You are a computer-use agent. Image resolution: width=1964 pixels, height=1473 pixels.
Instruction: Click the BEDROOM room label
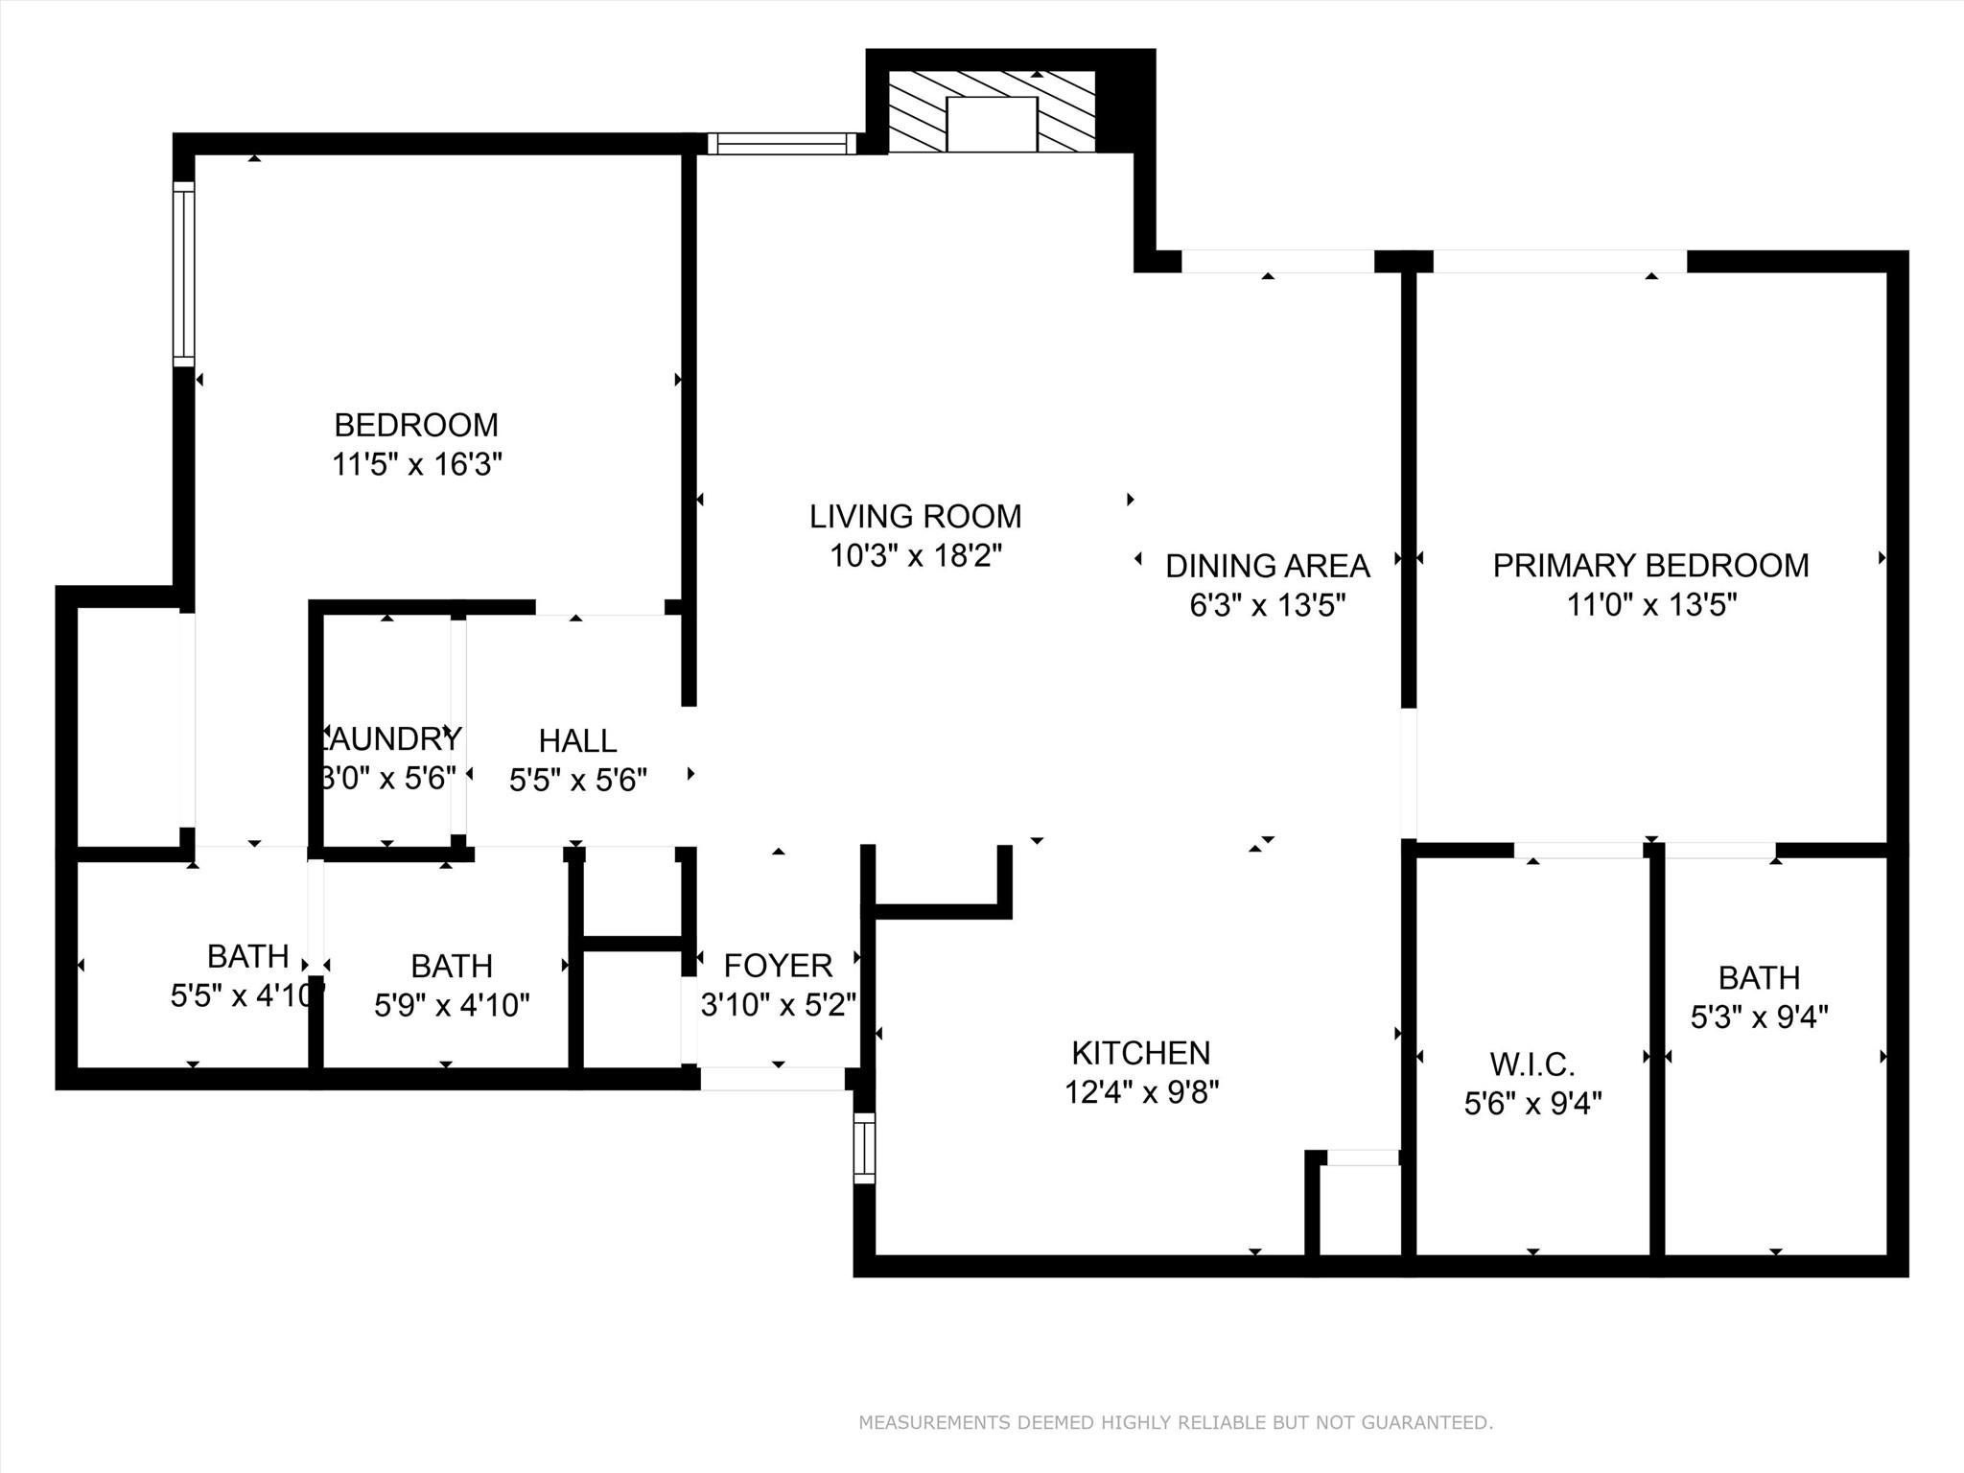(415, 425)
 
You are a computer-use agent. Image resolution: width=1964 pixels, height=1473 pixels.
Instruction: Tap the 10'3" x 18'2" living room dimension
(915, 556)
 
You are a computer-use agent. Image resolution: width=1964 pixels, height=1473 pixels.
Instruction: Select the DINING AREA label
(1267, 566)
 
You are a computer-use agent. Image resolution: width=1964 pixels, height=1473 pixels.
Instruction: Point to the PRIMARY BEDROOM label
(1650, 566)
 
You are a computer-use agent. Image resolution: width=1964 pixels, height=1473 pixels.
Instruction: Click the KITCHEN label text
(1140, 1053)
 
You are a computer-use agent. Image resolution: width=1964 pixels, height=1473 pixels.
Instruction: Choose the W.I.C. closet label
(1532, 1064)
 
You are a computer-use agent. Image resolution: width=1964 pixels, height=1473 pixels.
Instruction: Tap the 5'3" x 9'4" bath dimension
(1759, 1017)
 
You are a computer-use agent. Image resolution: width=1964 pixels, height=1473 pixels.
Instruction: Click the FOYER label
(778, 965)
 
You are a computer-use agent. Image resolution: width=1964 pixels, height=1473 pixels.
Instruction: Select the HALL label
(577, 740)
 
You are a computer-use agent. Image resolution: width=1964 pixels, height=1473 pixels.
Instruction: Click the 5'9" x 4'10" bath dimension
(452, 1005)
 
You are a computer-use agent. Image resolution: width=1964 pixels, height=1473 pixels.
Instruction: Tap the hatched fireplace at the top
(992, 111)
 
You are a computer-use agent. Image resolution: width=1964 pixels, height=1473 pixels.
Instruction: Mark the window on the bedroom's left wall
(183, 273)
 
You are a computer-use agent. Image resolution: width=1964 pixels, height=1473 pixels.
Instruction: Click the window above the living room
(782, 144)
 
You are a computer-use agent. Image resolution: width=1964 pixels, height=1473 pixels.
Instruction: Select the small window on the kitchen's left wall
(864, 1148)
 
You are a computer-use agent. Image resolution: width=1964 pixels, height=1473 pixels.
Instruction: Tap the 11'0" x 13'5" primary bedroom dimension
(1651, 605)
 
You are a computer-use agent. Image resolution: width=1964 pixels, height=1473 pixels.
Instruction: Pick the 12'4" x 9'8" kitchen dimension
(1141, 1092)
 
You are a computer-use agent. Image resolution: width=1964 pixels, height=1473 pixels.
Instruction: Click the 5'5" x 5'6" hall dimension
(577, 781)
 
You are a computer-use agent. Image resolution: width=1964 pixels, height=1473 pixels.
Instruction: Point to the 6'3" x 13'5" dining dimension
(1267, 606)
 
